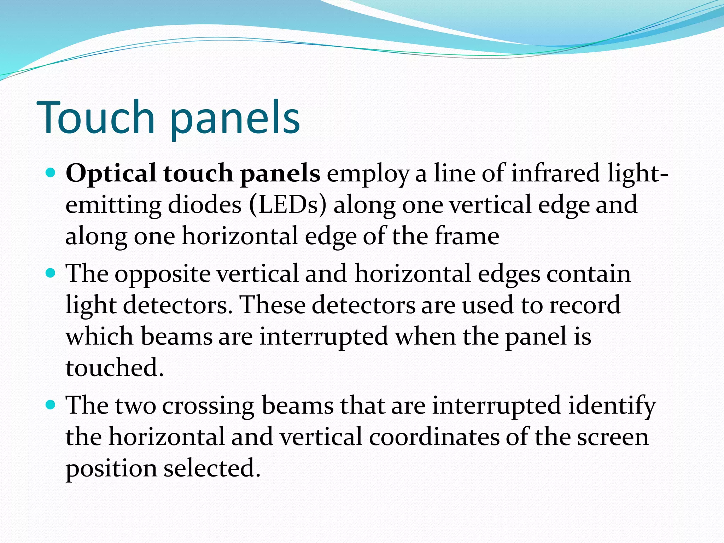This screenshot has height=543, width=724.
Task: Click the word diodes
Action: [x=205, y=205]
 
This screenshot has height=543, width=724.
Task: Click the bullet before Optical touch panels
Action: [x=51, y=173]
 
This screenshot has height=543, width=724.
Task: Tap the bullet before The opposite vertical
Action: [x=51, y=273]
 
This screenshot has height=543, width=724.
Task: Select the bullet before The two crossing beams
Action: [x=51, y=405]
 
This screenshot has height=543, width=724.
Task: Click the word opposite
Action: [x=163, y=275]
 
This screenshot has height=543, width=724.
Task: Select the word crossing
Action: [x=208, y=406]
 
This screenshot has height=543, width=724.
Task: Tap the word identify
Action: [x=612, y=406]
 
